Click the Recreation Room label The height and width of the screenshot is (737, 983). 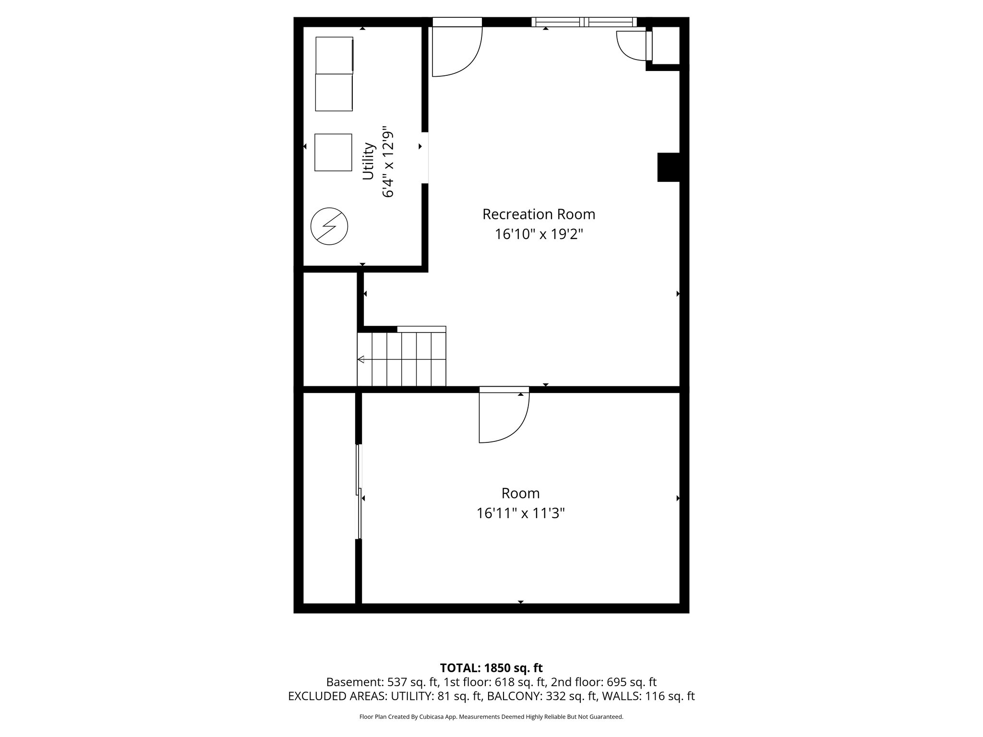[539, 214]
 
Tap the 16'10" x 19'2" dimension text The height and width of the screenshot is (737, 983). [539, 235]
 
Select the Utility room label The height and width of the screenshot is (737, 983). [368, 161]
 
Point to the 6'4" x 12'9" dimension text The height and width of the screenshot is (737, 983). [388, 163]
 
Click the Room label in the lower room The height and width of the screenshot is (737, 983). [520, 493]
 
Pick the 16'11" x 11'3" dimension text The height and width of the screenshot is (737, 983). [520, 514]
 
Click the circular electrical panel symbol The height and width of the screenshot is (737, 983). [329, 226]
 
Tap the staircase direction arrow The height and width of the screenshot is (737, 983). [361, 359]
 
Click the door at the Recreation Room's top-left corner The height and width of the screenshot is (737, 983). [456, 50]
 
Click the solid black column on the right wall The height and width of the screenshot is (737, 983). [668, 167]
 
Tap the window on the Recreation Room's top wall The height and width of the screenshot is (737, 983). [584, 22]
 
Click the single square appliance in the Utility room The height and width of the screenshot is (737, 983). [333, 152]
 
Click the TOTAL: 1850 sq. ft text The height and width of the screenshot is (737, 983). [491, 668]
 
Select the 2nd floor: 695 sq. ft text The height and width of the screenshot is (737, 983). [604, 682]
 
